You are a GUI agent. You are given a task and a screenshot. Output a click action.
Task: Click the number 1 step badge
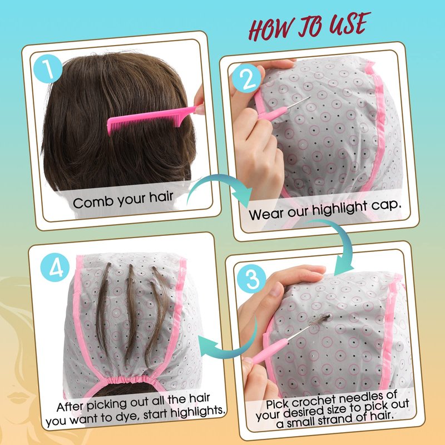[x=48, y=68]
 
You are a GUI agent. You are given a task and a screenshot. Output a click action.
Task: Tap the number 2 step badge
[x=246, y=78]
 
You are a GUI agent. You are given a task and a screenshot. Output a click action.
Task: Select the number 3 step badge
[x=251, y=279]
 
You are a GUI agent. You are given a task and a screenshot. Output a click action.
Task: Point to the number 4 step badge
[x=55, y=268]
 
